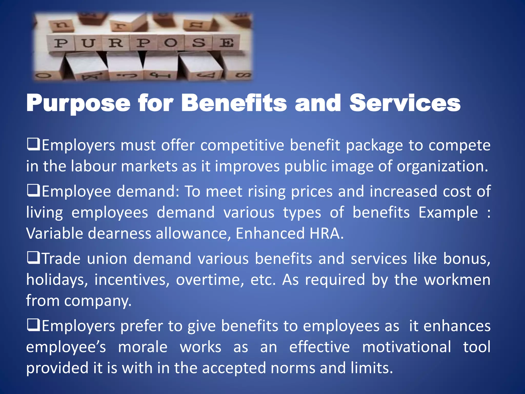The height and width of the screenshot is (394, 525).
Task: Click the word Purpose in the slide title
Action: coord(78,103)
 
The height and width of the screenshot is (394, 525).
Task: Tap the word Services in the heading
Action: coord(405,103)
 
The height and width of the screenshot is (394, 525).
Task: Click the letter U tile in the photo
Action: coord(89,43)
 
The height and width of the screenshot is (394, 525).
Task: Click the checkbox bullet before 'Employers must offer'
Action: coord(33,144)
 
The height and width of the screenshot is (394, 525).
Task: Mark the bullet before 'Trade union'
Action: coord(33,258)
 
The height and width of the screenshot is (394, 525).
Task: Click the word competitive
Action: coord(242,145)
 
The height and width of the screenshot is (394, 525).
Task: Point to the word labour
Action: coord(94,166)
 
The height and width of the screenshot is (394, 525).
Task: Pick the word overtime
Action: coord(210,280)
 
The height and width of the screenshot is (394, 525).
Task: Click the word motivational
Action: coord(407,347)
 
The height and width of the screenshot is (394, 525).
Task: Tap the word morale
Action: coord(143,347)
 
